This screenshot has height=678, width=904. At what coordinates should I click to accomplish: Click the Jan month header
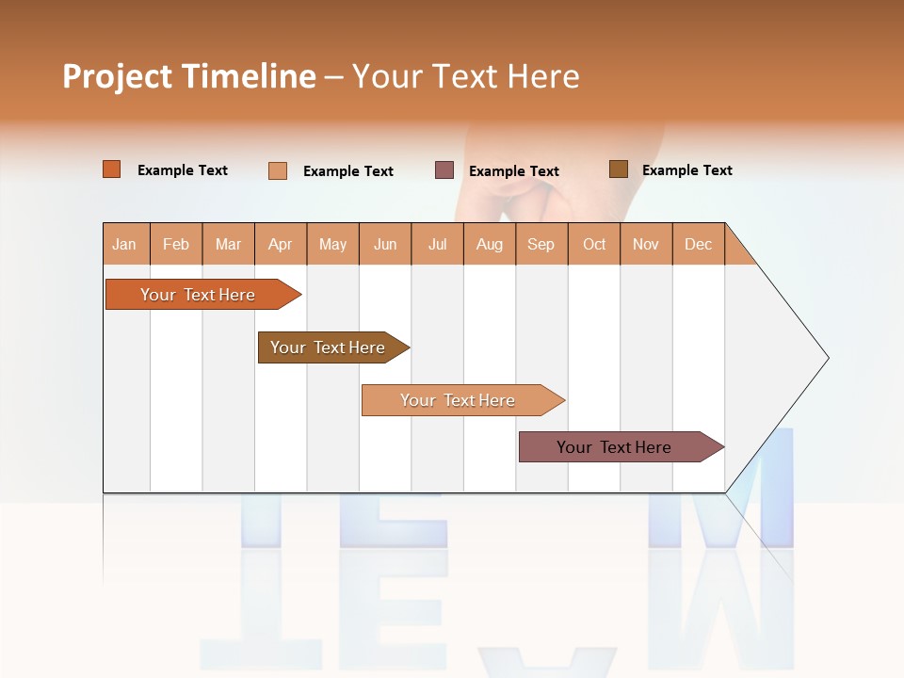[x=125, y=244]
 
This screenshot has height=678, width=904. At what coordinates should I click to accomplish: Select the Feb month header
[x=176, y=244]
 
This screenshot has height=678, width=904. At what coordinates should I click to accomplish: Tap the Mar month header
[x=228, y=244]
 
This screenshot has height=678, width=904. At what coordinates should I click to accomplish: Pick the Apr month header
[x=281, y=244]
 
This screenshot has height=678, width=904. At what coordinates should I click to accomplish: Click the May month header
[x=332, y=244]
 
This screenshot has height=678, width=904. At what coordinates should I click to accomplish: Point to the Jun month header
[x=385, y=244]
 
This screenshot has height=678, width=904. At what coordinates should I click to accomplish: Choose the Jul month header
[x=437, y=244]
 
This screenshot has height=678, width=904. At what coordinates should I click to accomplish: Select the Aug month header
[x=490, y=244]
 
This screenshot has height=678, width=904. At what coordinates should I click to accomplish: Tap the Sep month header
[x=541, y=244]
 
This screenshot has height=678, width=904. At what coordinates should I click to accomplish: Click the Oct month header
[x=594, y=244]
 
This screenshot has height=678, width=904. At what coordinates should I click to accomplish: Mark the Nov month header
[x=646, y=244]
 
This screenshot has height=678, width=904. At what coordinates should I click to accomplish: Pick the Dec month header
[x=699, y=244]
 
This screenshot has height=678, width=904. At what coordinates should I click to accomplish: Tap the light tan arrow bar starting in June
[x=459, y=400]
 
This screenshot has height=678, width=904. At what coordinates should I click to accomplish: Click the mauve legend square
[x=444, y=169]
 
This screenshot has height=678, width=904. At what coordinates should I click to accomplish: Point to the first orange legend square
[x=112, y=169]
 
